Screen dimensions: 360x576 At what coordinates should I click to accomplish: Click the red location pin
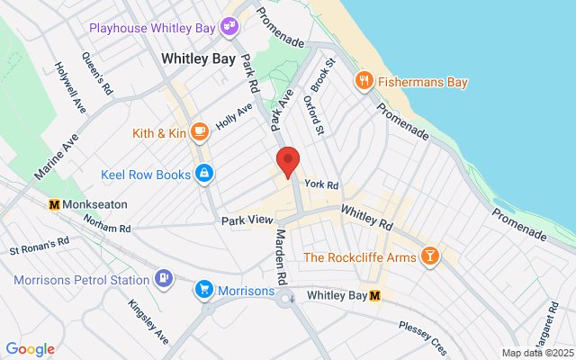(x=287, y=160)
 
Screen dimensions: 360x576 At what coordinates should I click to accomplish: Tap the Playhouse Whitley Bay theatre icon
(x=229, y=27)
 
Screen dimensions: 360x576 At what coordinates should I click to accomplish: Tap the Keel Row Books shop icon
(x=204, y=172)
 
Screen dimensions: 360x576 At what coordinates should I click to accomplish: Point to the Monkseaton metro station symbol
(x=54, y=204)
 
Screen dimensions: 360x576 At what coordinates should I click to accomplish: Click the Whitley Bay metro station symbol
(x=375, y=295)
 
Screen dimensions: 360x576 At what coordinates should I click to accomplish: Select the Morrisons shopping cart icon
(x=204, y=290)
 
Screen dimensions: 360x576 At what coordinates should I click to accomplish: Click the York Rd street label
(x=320, y=184)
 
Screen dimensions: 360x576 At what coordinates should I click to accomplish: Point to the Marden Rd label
(x=280, y=256)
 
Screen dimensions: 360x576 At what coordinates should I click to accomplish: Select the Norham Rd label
(x=107, y=228)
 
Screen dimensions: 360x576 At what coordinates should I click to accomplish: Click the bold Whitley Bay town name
(x=198, y=58)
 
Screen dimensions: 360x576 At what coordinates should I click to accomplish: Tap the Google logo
(x=30, y=349)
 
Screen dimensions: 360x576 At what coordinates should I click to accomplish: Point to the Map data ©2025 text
(x=537, y=353)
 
